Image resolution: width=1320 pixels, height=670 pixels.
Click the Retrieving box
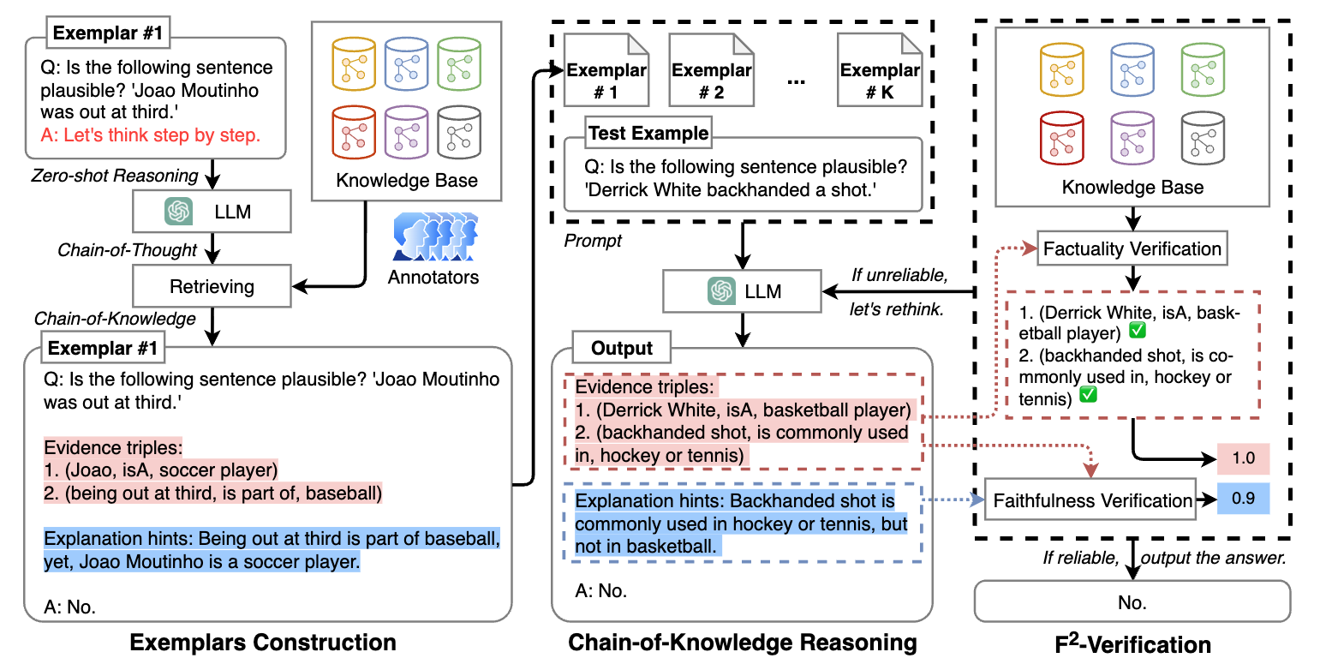[x=212, y=286]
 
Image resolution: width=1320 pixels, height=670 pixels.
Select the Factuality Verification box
[x=1132, y=248]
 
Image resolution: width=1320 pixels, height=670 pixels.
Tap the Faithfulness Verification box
[x=1090, y=500]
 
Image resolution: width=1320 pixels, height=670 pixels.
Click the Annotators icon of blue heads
[x=435, y=236]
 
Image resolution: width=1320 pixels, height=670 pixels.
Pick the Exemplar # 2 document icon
[x=711, y=69]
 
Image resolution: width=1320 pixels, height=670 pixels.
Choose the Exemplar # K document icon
[x=880, y=69]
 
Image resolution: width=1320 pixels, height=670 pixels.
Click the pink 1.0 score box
[x=1244, y=458]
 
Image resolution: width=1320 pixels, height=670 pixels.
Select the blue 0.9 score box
[x=1244, y=499]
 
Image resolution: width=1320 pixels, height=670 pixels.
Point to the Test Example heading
[x=648, y=133]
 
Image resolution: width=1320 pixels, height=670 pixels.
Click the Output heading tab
[x=622, y=348]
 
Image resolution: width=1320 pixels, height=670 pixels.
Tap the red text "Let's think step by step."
[x=162, y=135]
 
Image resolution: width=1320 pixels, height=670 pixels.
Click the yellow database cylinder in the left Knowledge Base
[x=354, y=63]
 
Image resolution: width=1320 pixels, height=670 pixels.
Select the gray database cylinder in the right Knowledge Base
[x=1203, y=138]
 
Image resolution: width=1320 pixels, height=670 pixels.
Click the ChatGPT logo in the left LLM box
[x=178, y=212]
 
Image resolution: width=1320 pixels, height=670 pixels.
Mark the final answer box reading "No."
[x=1132, y=601]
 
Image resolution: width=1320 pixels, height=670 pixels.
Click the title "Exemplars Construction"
[x=263, y=643]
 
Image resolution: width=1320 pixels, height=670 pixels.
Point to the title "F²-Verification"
[x=1132, y=643]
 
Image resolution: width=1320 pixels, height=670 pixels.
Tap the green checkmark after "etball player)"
[x=1138, y=331]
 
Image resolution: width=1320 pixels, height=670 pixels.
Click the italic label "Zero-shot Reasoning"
[x=114, y=176]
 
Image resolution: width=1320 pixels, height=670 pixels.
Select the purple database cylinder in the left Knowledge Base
[x=406, y=133]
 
